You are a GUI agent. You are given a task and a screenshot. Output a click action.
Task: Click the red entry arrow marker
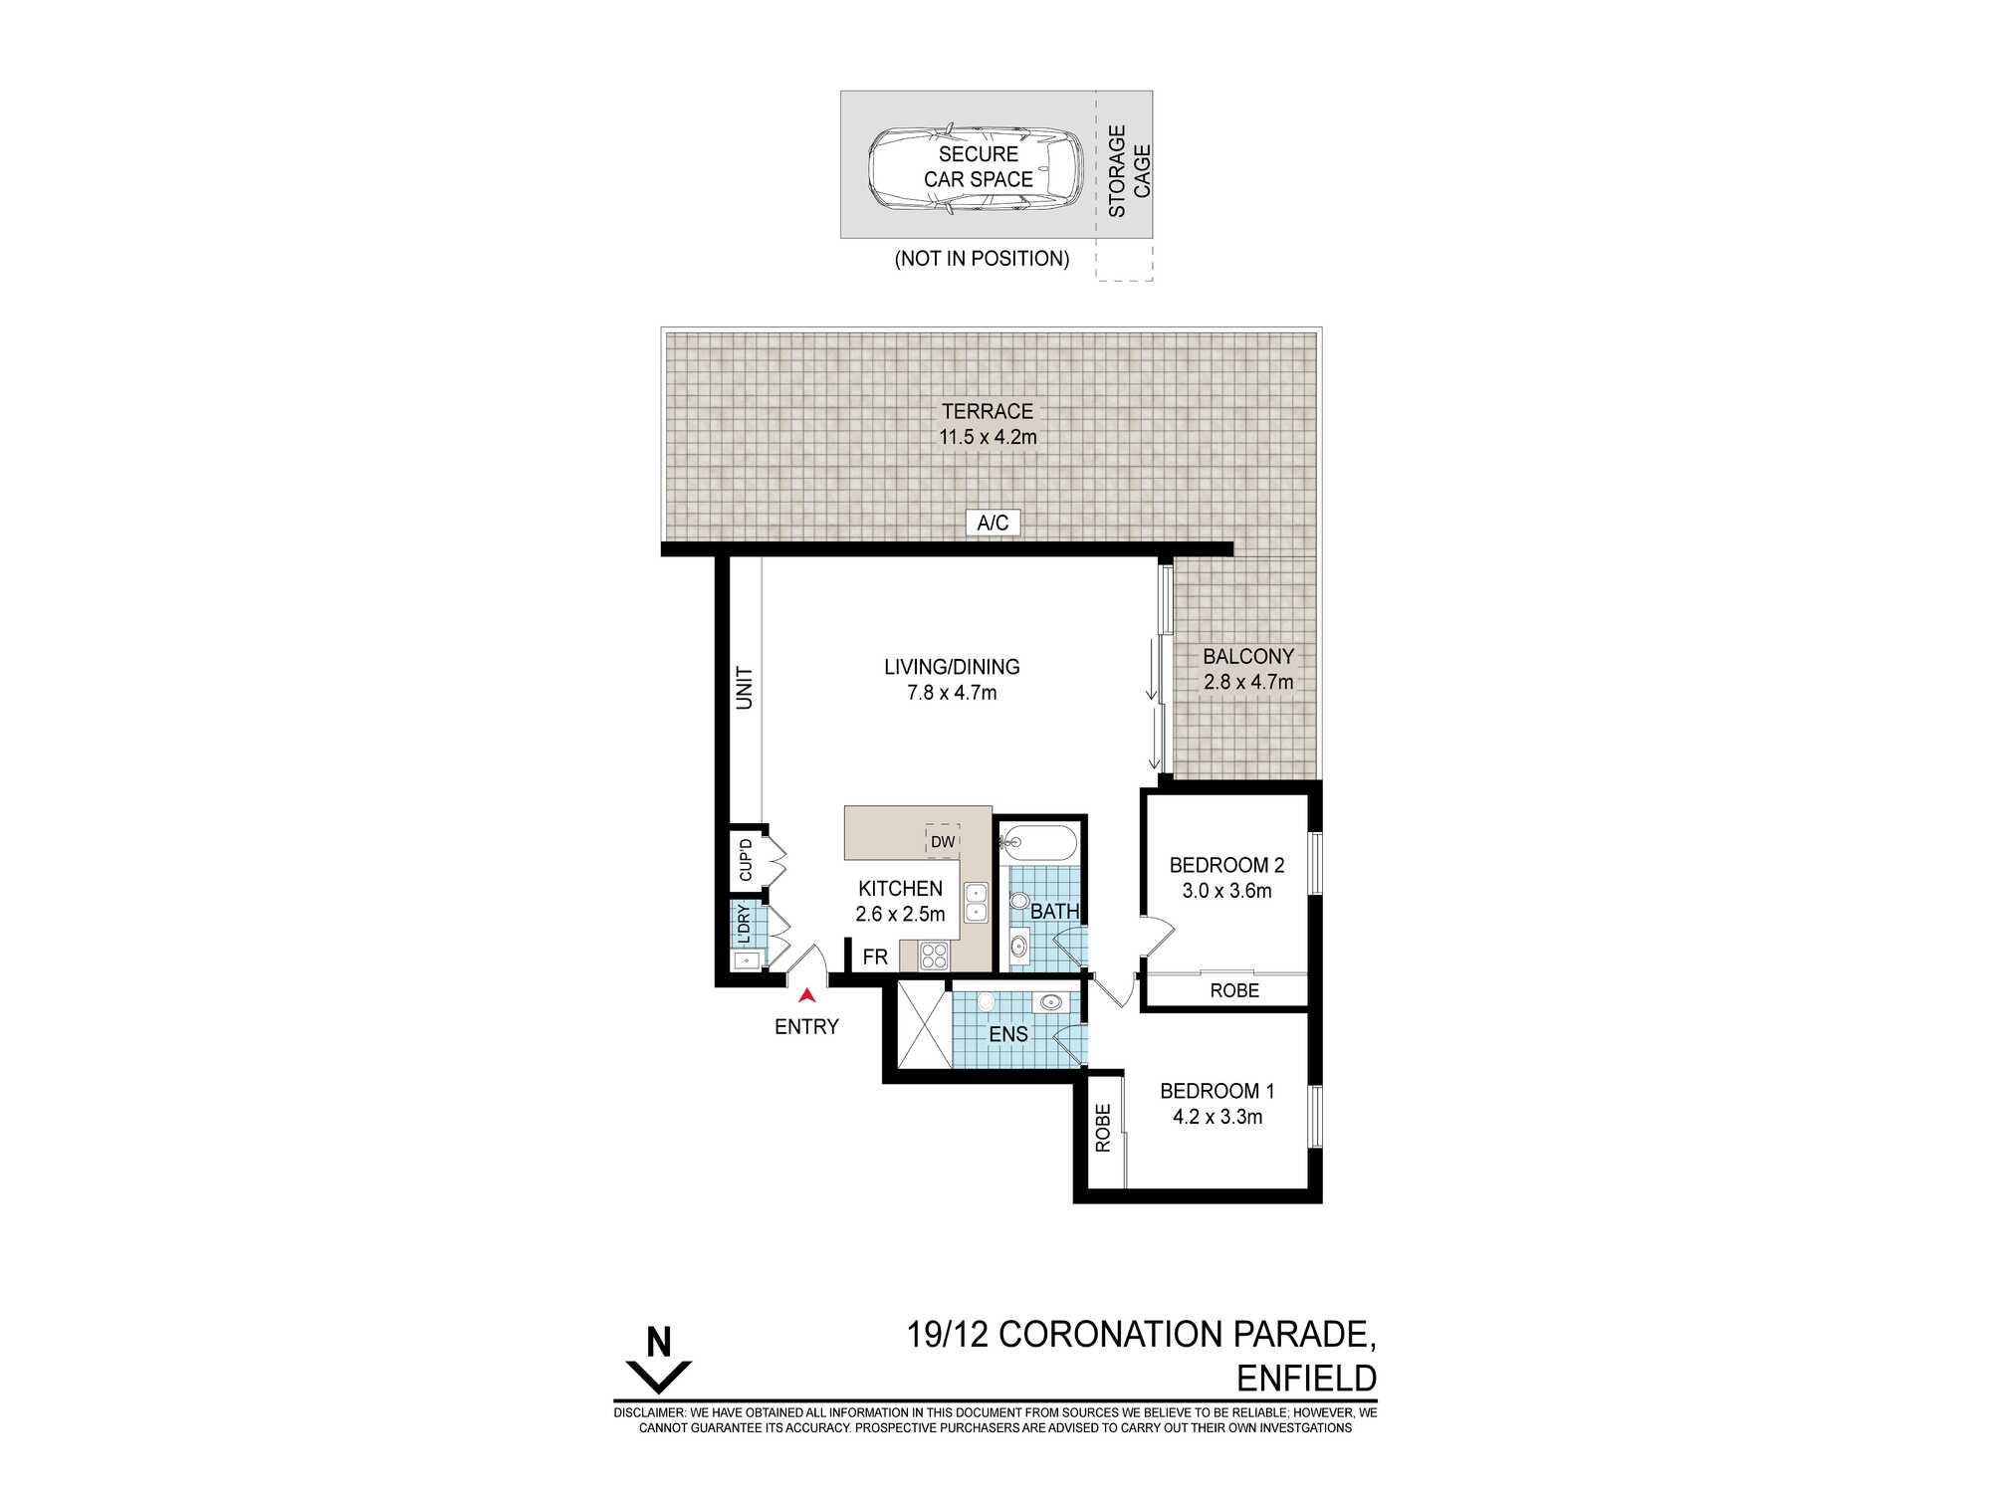(x=806, y=994)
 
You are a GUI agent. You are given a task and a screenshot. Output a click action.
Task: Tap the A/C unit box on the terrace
(x=993, y=523)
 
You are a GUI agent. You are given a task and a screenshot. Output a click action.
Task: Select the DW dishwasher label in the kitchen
(x=943, y=842)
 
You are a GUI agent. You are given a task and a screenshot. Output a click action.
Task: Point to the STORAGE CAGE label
(x=1129, y=171)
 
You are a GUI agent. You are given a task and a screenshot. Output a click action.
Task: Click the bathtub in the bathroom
(x=1038, y=845)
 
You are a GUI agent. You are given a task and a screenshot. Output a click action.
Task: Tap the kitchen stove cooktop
(x=935, y=956)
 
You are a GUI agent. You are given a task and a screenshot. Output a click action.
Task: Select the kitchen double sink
(x=976, y=902)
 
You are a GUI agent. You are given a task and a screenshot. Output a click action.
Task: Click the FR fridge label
(x=875, y=957)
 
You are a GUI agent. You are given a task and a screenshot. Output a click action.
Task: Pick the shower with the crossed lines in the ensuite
(x=925, y=1024)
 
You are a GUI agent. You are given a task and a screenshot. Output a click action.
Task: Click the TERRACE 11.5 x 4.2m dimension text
(x=988, y=437)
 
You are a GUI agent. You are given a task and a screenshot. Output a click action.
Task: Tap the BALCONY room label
(x=1248, y=657)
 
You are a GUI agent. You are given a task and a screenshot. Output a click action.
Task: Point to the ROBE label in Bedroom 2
(x=1234, y=990)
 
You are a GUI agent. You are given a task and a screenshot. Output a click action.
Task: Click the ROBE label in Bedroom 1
(x=1103, y=1129)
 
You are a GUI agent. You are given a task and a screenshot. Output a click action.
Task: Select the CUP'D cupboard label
(x=746, y=861)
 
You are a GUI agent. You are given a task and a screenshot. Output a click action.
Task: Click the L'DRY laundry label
(x=744, y=924)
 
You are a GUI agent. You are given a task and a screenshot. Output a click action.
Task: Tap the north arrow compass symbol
(x=658, y=1360)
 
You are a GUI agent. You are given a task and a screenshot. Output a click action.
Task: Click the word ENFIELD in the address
(x=1306, y=1379)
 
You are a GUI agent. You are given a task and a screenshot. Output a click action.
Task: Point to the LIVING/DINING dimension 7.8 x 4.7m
(x=952, y=693)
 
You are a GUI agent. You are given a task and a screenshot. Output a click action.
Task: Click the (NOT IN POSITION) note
(x=982, y=259)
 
